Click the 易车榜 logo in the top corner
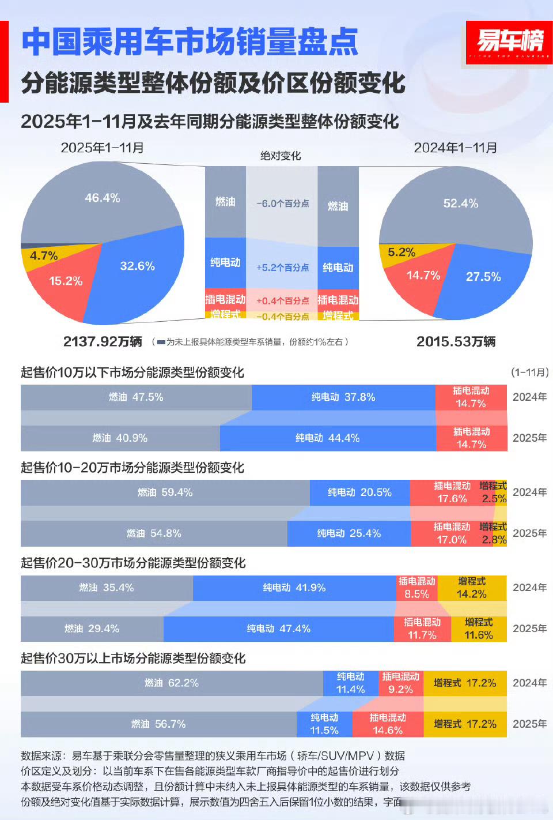(x=509, y=42)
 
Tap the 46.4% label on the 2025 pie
(x=103, y=198)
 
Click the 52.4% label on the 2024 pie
(x=460, y=204)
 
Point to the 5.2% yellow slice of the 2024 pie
(x=402, y=253)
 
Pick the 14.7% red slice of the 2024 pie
(x=423, y=276)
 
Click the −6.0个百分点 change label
(x=282, y=204)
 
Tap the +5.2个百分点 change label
(x=282, y=268)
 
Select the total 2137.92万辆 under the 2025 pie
(x=103, y=341)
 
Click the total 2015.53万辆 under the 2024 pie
(x=456, y=341)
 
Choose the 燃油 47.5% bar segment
(x=136, y=397)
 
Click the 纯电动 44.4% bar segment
(x=327, y=438)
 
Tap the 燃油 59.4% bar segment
(x=165, y=492)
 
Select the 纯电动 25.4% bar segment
(x=349, y=533)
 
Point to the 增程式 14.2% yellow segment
(x=472, y=588)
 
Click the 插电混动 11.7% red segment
(x=422, y=629)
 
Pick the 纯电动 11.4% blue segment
(x=350, y=683)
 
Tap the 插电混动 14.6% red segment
(x=388, y=724)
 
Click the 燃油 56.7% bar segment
(x=158, y=724)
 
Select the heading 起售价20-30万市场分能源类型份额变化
(x=133, y=563)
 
